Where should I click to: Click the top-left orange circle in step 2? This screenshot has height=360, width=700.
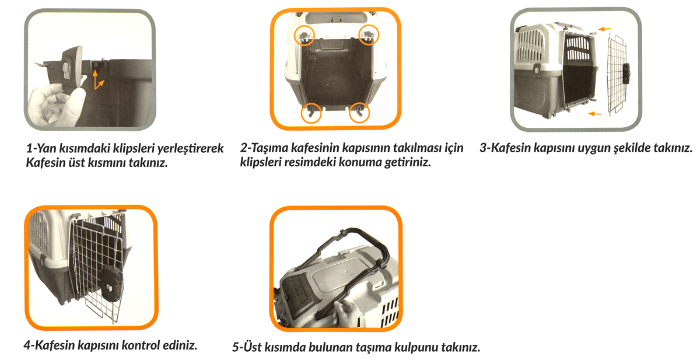[x=295, y=35]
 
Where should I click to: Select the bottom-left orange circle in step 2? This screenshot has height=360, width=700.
[x=302, y=113]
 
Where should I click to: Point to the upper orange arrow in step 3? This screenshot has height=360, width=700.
[x=605, y=29]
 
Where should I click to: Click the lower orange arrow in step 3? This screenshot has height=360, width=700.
[x=594, y=114]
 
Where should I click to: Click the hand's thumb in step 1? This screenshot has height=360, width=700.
[x=78, y=95]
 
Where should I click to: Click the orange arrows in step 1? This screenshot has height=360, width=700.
[x=97, y=80]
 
